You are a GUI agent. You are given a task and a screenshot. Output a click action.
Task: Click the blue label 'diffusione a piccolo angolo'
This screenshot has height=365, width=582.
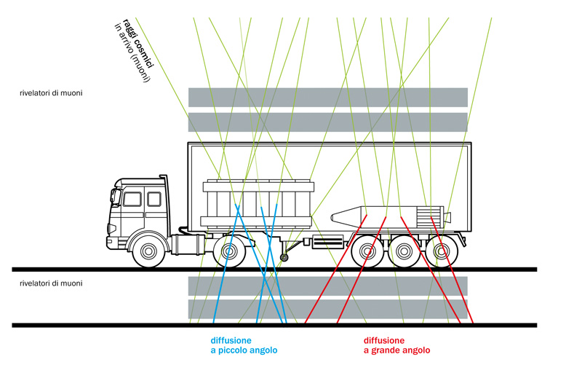pyautogui.click(x=238, y=345)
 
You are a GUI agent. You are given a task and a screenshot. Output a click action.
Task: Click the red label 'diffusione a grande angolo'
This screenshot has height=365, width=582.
pyautogui.click(x=396, y=345)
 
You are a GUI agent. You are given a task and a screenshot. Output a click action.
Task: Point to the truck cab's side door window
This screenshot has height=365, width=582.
pyautogui.click(x=132, y=199)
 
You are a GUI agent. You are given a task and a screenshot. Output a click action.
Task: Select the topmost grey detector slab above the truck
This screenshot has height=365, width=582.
pyautogui.click(x=327, y=96)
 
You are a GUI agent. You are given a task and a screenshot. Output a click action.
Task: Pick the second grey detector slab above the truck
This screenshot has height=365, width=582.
pyautogui.click(x=327, y=122)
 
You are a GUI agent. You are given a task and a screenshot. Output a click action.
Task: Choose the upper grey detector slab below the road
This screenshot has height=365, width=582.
pyautogui.click(x=327, y=285)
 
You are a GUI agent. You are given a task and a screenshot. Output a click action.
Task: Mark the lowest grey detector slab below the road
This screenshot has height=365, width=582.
pyautogui.click(x=327, y=308)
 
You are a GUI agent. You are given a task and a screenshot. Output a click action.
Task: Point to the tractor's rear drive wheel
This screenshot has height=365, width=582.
pyautogui.click(x=228, y=251)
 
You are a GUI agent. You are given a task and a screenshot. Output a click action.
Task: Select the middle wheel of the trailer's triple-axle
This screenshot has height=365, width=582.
pyautogui.click(x=402, y=252)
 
